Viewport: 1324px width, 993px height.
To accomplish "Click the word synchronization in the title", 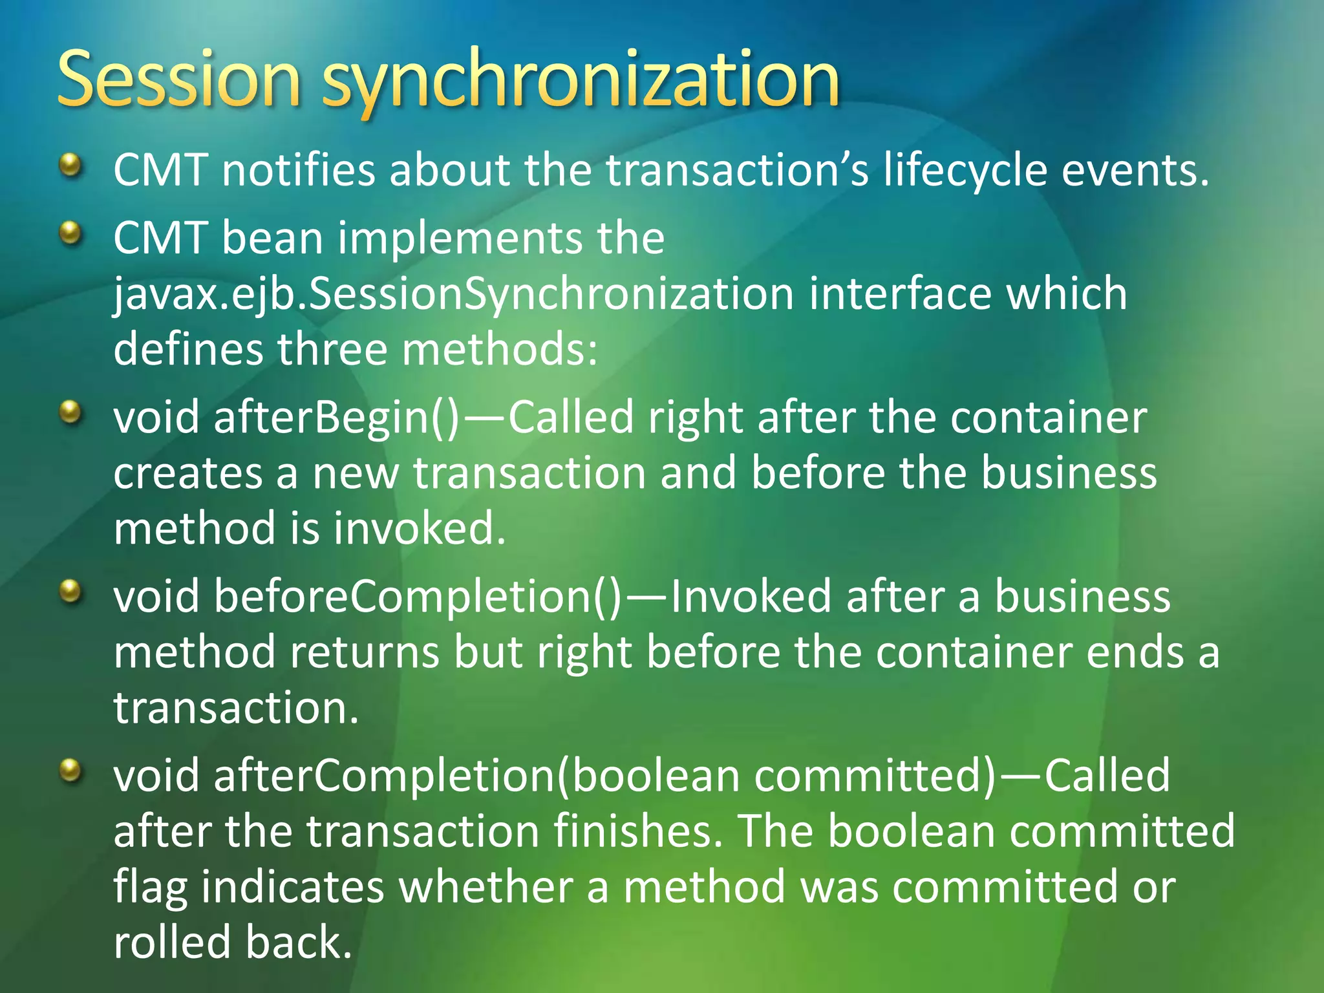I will point(580,83).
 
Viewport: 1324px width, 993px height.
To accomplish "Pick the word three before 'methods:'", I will point(332,349).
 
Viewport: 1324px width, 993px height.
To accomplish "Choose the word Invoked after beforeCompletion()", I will point(751,596).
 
